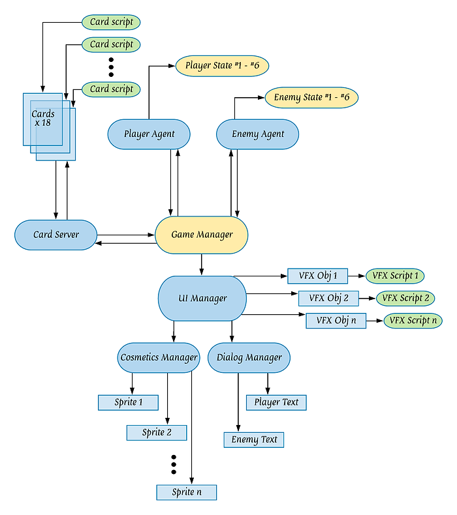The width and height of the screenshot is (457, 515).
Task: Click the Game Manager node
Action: tap(202, 235)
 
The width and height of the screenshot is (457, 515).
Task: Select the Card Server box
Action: tap(56, 235)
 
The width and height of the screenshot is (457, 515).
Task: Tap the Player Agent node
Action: tap(149, 134)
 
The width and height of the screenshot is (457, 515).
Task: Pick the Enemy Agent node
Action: tap(258, 134)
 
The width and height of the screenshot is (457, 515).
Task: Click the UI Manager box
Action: tap(202, 299)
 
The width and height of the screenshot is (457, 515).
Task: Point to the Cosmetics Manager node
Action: tap(159, 357)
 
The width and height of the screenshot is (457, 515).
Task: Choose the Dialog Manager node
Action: tap(249, 357)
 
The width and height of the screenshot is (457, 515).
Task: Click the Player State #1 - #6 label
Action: tap(223, 65)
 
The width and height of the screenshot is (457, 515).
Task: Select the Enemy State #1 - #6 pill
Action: tap(311, 98)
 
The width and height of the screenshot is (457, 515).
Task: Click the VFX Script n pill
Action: tap(413, 321)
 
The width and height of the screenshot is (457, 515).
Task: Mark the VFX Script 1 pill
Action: tap(395, 276)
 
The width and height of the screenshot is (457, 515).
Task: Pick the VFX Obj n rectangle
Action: tap(336, 321)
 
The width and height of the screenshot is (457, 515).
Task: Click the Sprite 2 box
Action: tap(157, 433)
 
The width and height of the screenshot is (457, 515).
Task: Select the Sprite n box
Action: tap(186, 492)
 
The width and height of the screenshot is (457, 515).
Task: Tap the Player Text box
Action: tap(276, 402)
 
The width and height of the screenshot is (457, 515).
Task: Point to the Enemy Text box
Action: tap(254, 440)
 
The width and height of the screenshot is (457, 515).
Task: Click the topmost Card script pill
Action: tap(111, 22)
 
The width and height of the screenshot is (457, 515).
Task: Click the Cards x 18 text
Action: tap(43, 119)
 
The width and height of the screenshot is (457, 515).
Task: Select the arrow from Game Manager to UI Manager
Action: tap(202, 265)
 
